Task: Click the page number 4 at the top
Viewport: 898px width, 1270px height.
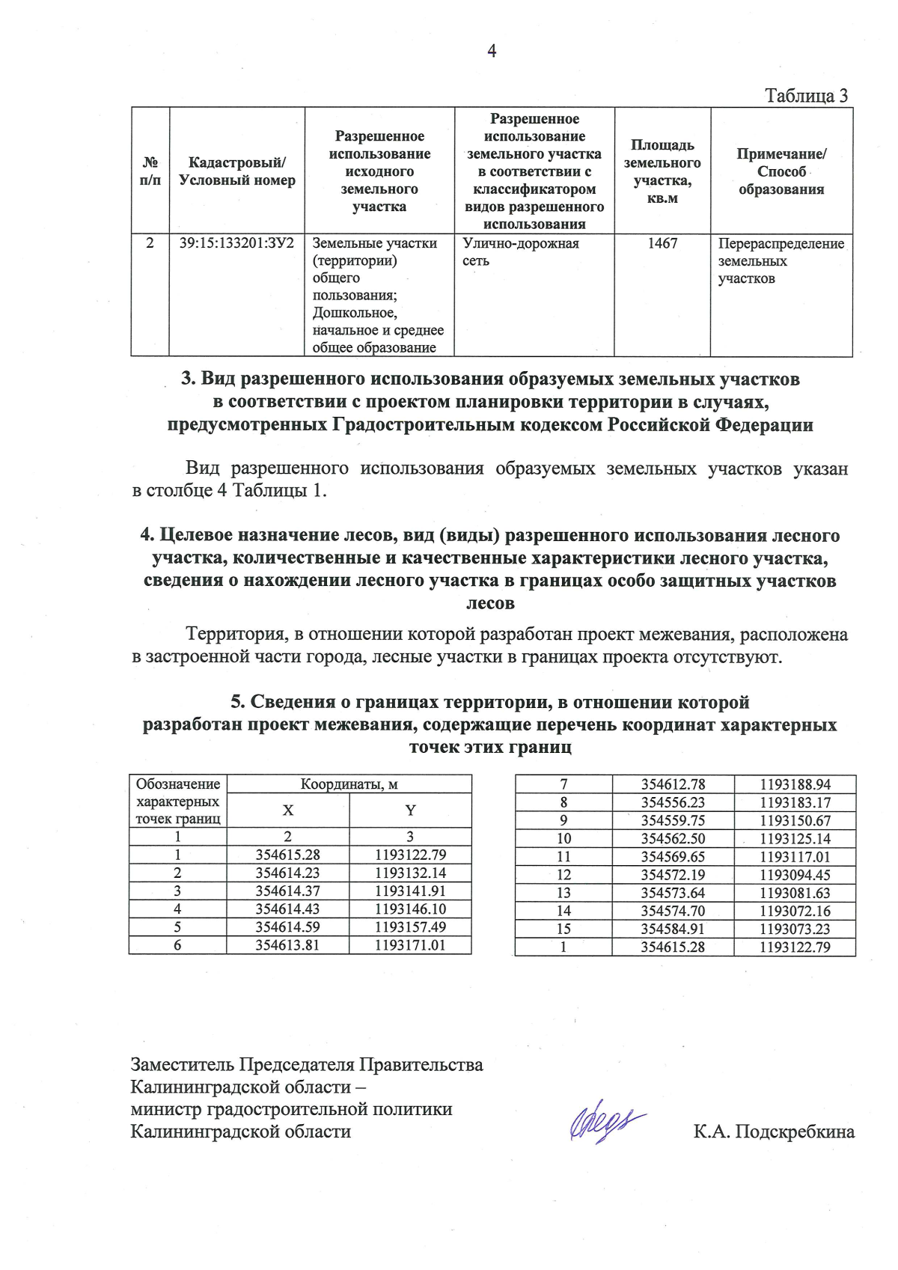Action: click(492, 51)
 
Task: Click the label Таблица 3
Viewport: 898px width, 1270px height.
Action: click(806, 96)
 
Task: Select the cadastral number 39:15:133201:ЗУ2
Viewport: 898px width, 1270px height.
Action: click(236, 243)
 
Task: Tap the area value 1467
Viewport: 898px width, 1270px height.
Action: click(662, 243)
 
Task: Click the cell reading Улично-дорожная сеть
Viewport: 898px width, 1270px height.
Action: click(520, 252)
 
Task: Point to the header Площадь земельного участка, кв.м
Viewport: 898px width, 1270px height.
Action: click(662, 171)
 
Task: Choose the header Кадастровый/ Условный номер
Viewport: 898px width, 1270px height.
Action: click(236, 171)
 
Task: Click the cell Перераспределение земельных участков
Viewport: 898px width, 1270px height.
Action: click(781, 261)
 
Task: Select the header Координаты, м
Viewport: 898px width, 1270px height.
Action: click(349, 784)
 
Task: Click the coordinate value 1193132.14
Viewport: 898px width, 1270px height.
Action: click(410, 873)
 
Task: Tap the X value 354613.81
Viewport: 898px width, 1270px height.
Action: click(287, 945)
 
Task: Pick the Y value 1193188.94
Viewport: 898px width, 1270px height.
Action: click(795, 784)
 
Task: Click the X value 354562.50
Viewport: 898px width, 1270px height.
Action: click(673, 839)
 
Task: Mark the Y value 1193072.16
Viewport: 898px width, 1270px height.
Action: click(795, 911)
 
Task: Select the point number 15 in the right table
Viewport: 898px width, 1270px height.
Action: click(563, 929)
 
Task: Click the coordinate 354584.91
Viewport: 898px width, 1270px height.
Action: click(673, 929)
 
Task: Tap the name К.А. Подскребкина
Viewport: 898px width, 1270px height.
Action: click(774, 1132)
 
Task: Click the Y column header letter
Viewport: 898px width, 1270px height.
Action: click(410, 810)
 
